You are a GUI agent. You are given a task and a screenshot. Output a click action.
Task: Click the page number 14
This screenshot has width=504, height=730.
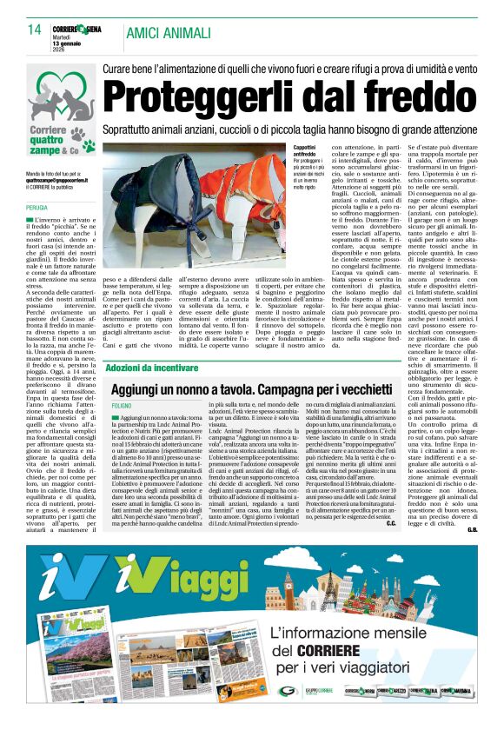[x=35, y=31]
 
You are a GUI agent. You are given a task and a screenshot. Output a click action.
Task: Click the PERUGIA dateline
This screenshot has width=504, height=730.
[x=37, y=208]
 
